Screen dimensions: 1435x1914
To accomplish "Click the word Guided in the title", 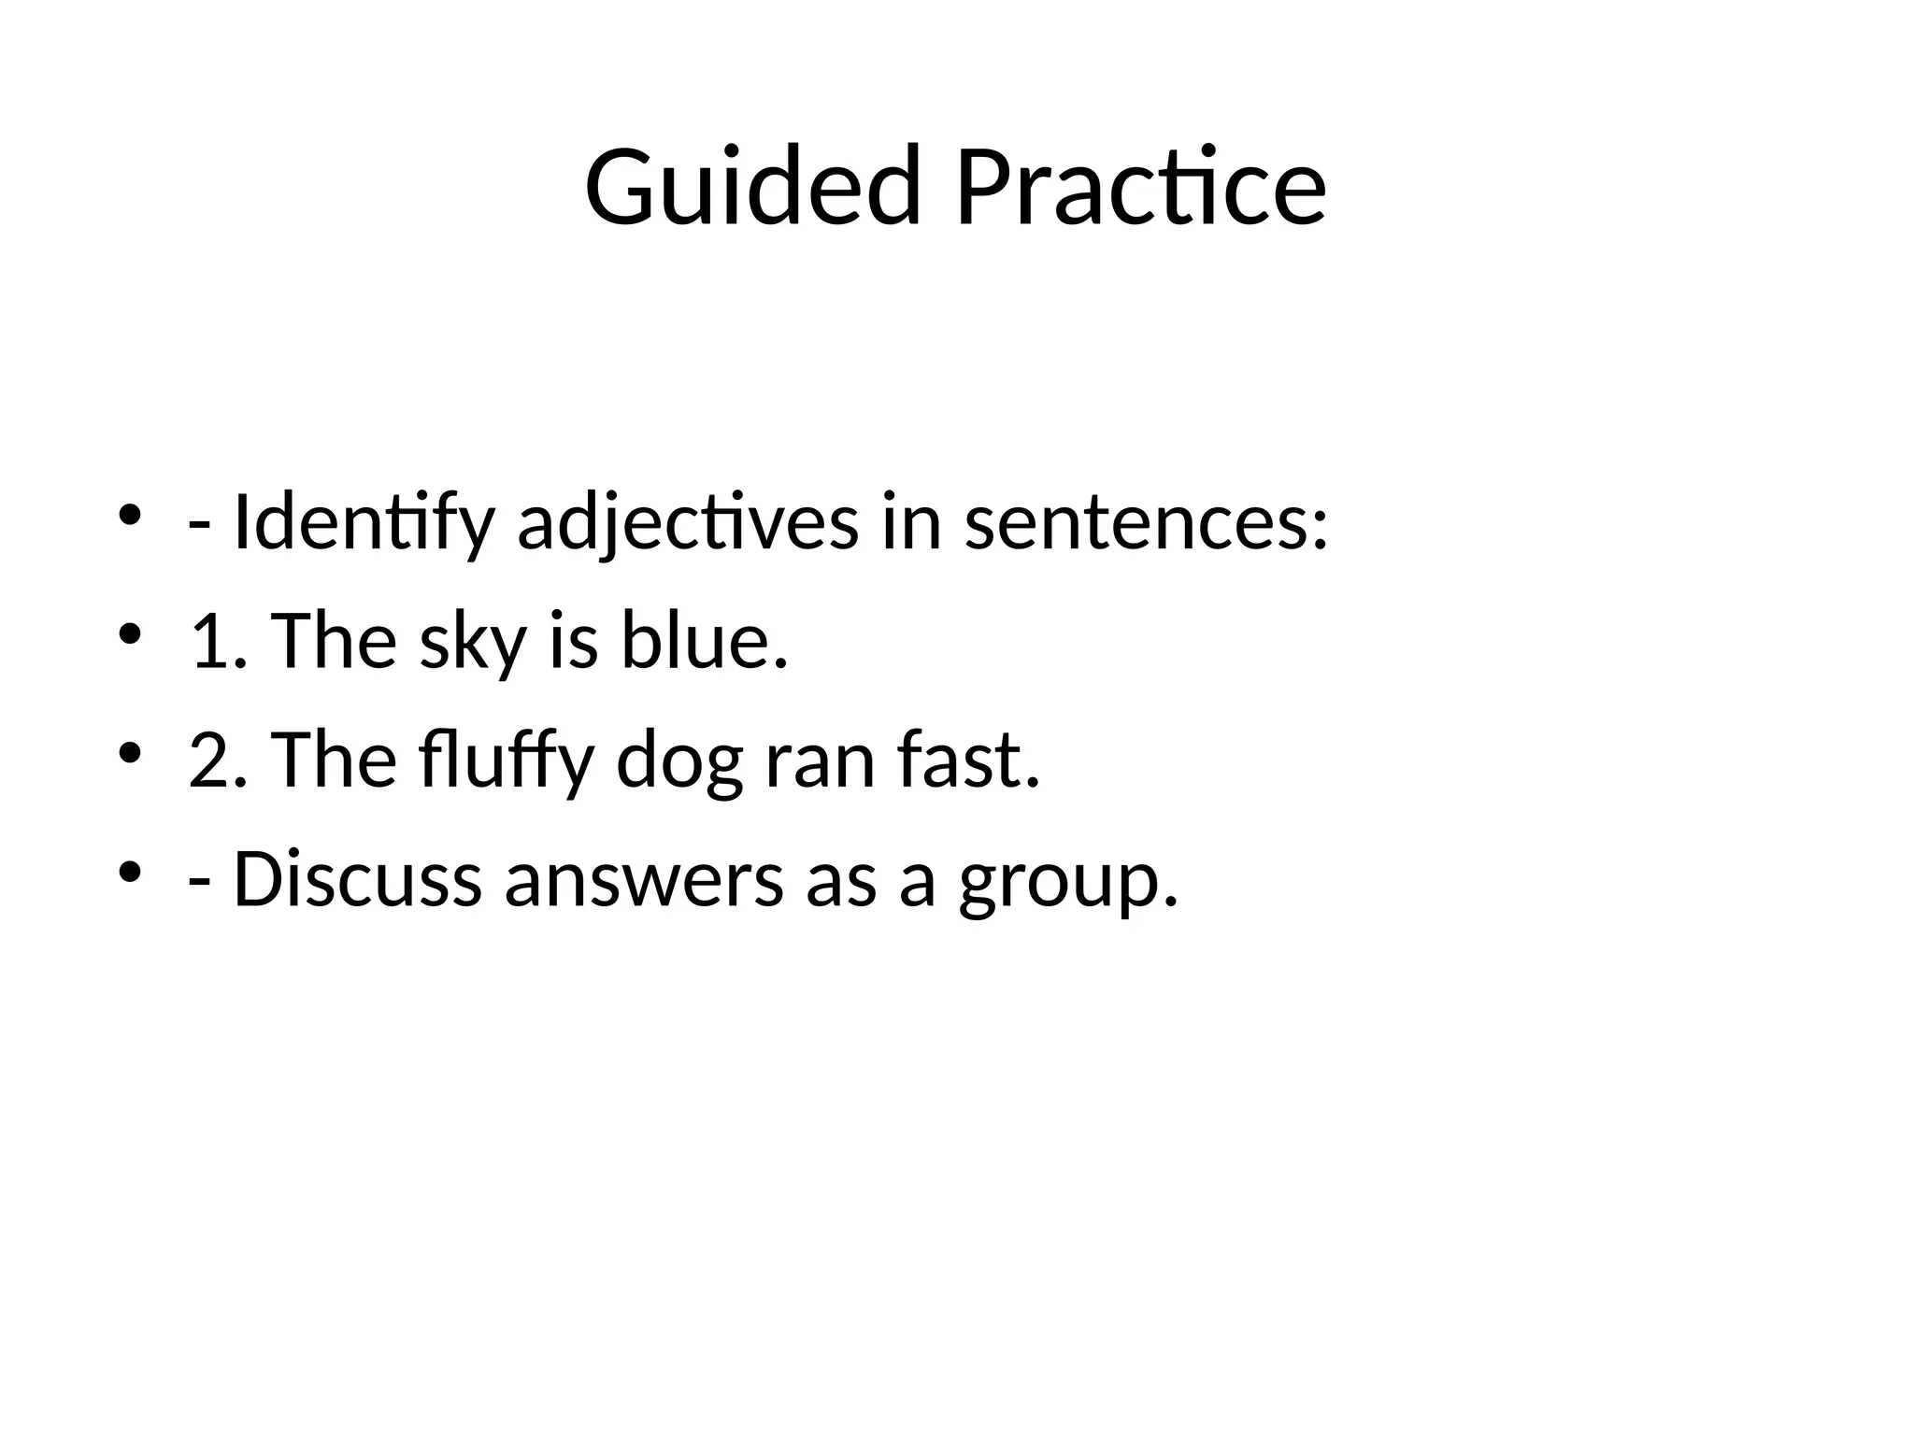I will coord(752,187).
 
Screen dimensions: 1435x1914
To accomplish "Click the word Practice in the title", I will coord(1140,187).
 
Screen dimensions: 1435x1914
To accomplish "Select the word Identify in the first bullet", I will coord(363,523).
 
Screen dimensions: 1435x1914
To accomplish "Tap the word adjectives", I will coord(687,523).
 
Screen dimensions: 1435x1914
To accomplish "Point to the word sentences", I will coord(1145,523).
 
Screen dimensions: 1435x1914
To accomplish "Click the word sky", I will coord(472,643).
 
